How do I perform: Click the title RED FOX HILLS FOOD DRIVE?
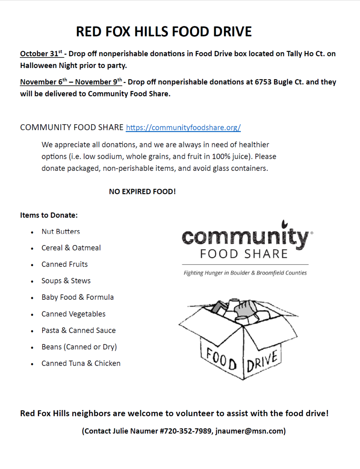164,32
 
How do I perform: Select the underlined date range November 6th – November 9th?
71,82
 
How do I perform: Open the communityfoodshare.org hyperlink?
183,127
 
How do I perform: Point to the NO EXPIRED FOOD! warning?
142,192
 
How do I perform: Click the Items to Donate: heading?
49,215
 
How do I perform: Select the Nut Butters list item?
61,231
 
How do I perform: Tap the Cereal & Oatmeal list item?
71,248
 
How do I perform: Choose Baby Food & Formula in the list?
78,297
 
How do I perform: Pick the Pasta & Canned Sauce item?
78,330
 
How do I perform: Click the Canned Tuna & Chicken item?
81,363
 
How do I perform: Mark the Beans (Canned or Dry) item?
79,347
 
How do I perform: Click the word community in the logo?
244,238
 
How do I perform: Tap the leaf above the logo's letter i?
285,224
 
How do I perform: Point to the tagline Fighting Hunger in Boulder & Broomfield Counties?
245,273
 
